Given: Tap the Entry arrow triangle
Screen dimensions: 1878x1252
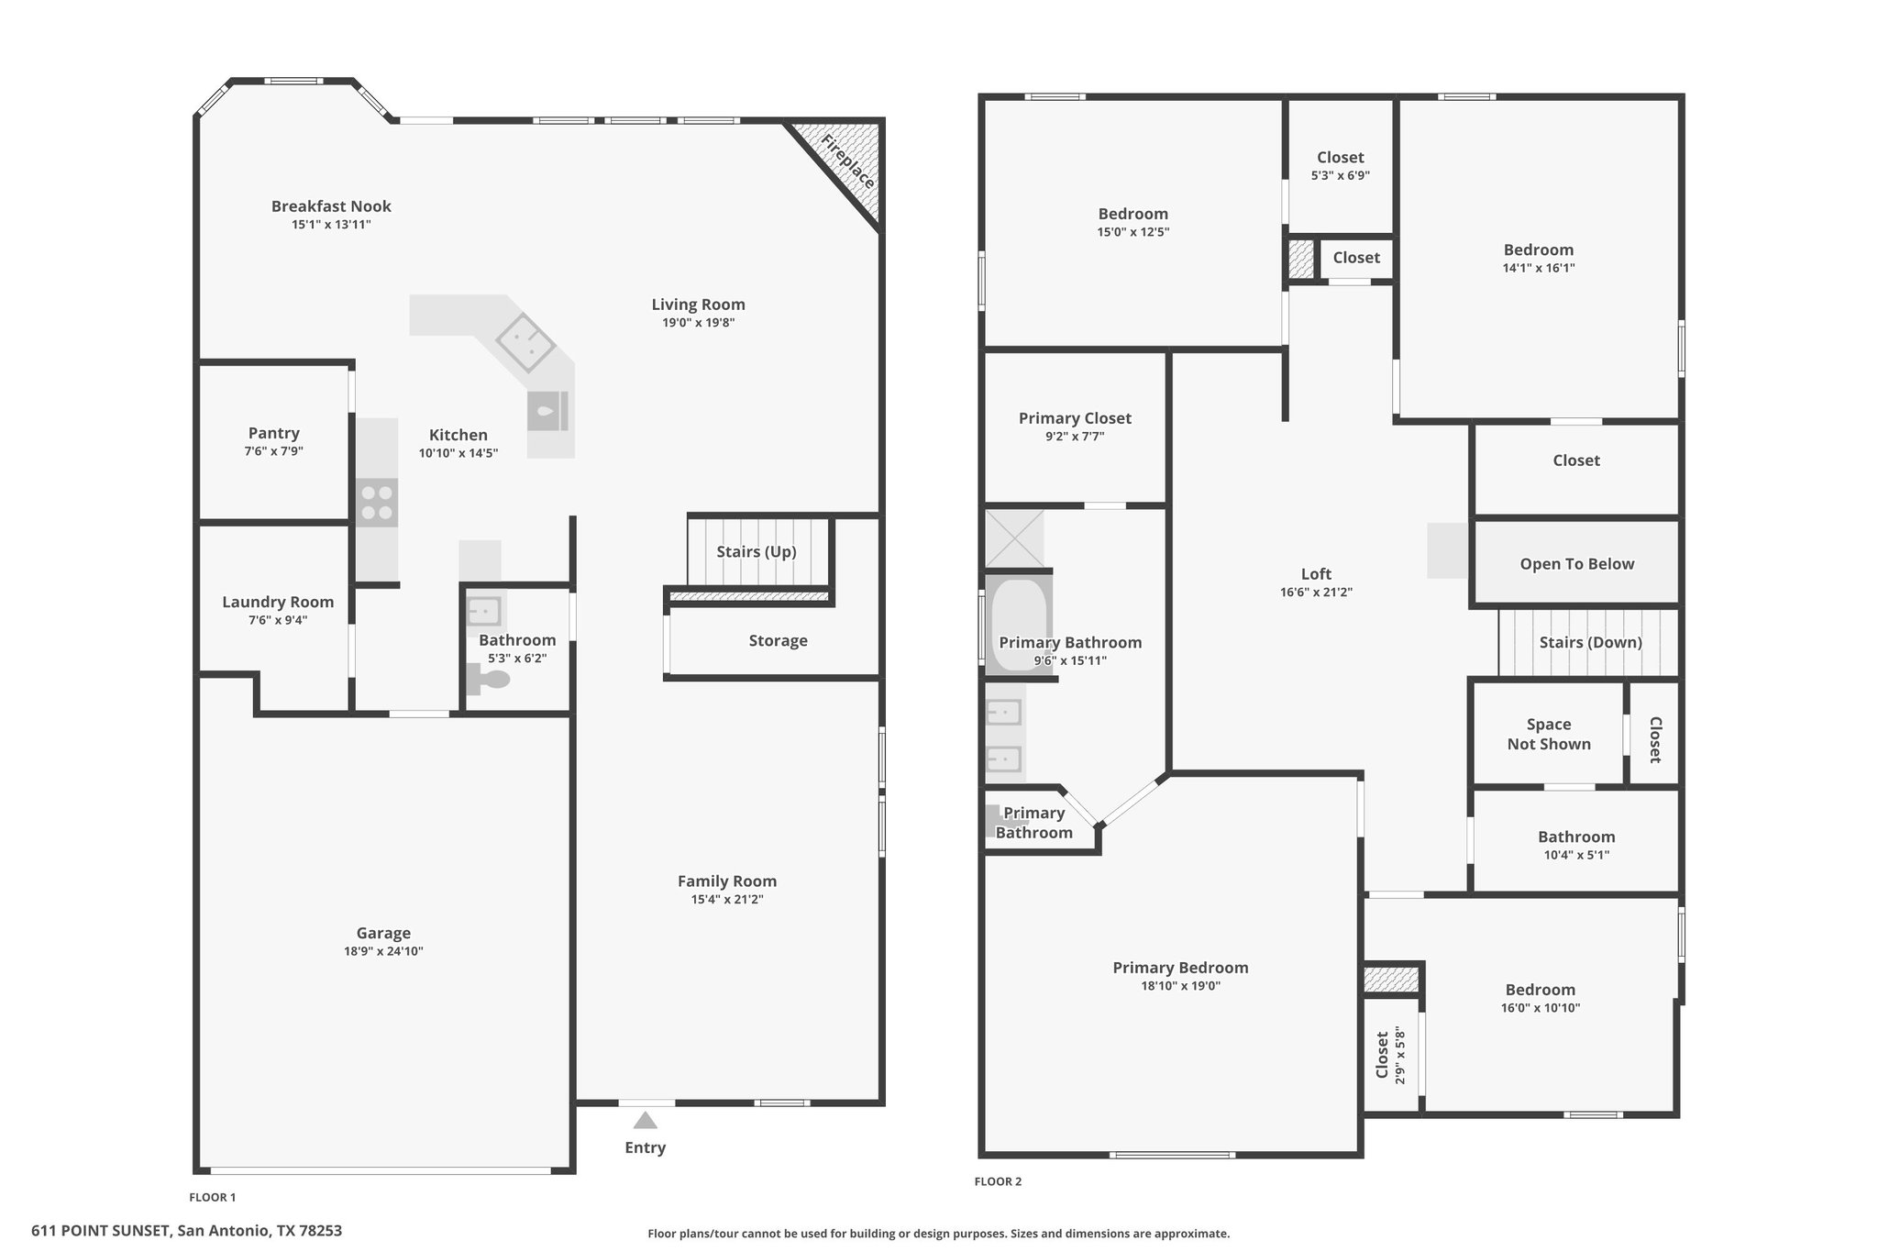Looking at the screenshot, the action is (x=646, y=1120).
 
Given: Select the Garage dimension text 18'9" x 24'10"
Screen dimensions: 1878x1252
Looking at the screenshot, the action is (x=383, y=951).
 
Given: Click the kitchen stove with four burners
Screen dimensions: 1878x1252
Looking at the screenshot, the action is (x=377, y=503).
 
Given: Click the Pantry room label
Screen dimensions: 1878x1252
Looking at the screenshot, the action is (x=273, y=433).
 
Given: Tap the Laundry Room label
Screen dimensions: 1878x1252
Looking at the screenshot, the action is (x=278, y=602).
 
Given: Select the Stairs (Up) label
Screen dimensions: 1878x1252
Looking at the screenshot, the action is (x=757, y=551).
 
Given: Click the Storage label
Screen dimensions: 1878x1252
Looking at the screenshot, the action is (x=778, y=640).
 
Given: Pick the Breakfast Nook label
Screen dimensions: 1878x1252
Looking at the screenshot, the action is (x=331, y=206).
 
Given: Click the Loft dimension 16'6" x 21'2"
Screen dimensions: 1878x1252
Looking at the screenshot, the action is (x=1316, y=593).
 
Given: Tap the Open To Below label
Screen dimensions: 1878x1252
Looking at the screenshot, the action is (x=1577, y=564).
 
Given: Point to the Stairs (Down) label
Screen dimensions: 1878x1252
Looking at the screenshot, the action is (x=1590, y=642).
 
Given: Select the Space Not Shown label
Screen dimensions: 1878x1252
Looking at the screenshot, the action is (x=1549, y=734).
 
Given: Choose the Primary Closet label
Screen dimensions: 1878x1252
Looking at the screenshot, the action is (x=1075, y=418).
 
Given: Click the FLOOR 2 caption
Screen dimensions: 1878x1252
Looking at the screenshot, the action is (x=998, y=1181).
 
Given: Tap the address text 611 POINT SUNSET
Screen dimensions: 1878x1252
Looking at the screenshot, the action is (x=101, y=1231).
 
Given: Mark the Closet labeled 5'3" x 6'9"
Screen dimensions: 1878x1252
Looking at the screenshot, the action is (x=1340, y=165).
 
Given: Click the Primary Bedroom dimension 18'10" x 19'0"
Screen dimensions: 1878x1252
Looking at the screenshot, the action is (x=1180, y=986).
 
